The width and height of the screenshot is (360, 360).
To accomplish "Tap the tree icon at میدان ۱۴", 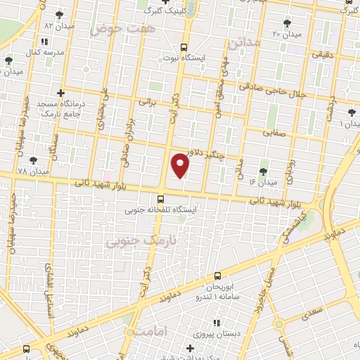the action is point(264,171).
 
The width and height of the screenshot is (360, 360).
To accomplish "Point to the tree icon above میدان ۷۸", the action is point(33,160).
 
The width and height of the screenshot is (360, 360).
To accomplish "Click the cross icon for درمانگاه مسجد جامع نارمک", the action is point(61,93).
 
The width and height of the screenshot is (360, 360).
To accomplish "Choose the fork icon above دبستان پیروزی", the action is point(216,323).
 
